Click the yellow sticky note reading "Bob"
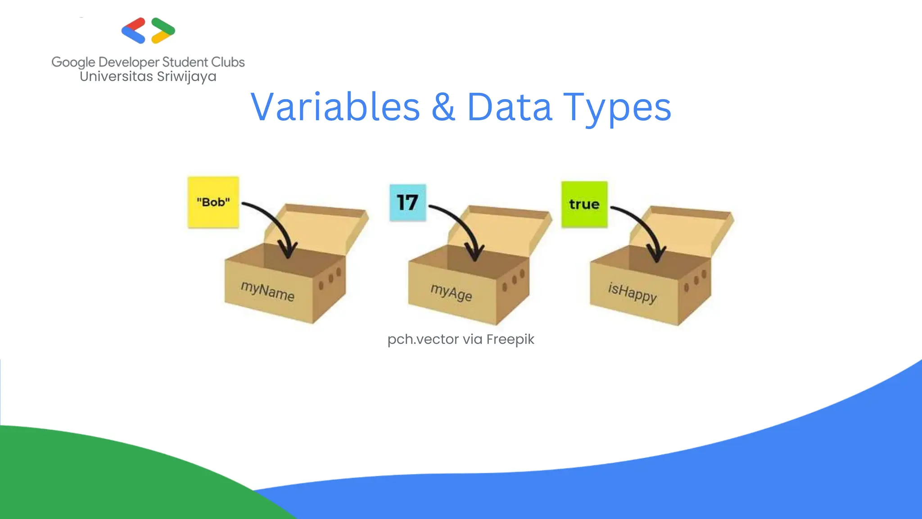pos(213,202)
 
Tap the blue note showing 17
pos(407,202)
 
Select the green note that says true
pos(584,204)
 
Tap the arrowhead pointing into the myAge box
pos(475,253)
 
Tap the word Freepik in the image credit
pos(510,339)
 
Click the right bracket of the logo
pos(163,31)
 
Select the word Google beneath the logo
pos(73,62)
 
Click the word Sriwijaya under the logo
pos(186,77)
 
